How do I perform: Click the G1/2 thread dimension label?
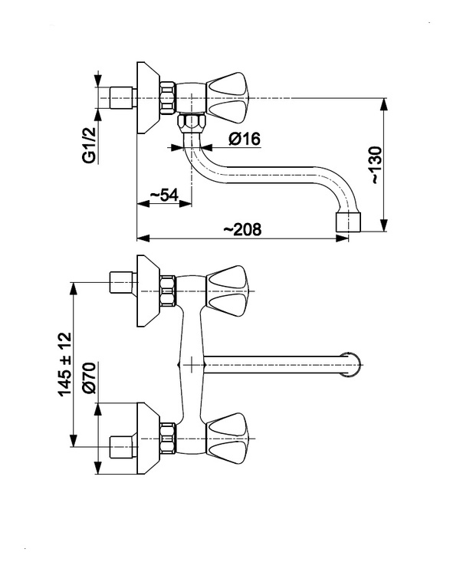(90, 145)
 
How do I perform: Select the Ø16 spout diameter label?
(245, 139)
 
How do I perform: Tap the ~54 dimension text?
(164, 195)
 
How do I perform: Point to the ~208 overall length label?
(243, 229)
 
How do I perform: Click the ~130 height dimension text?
(376, 165)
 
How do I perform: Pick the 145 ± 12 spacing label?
(65, 363)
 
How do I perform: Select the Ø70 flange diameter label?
(89, 378)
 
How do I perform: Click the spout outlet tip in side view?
(348, 222)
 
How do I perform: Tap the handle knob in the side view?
(228, 98)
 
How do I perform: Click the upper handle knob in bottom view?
(228, 291)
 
